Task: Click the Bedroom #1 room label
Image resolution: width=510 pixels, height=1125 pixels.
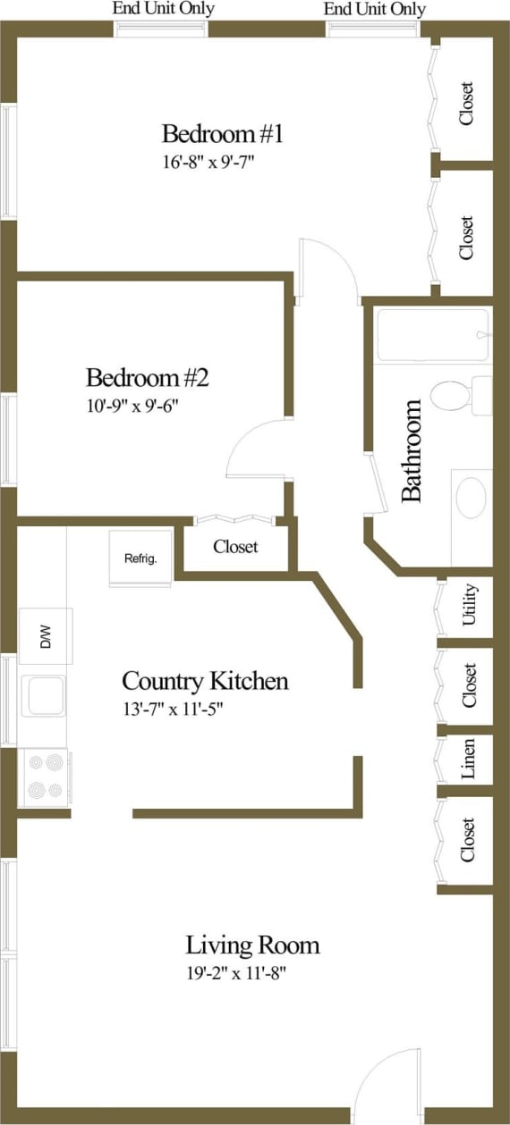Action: click(222, 135)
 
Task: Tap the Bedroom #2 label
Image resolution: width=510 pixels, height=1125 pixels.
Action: click(147, 377)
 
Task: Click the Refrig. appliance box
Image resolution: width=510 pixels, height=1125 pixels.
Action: click(140, 559)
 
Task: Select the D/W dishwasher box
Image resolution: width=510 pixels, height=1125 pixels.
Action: click(47, 636)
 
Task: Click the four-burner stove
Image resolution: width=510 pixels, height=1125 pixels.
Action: click(46, 777)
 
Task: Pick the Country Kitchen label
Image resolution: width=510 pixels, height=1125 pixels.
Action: click(205, 682)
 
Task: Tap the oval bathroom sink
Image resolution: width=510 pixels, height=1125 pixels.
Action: click(471, 497)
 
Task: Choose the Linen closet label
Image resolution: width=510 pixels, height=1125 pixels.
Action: click(469, 758)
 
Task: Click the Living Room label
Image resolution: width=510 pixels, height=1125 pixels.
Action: click(252, 944)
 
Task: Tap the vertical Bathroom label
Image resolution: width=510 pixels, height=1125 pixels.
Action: click(411, 450)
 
